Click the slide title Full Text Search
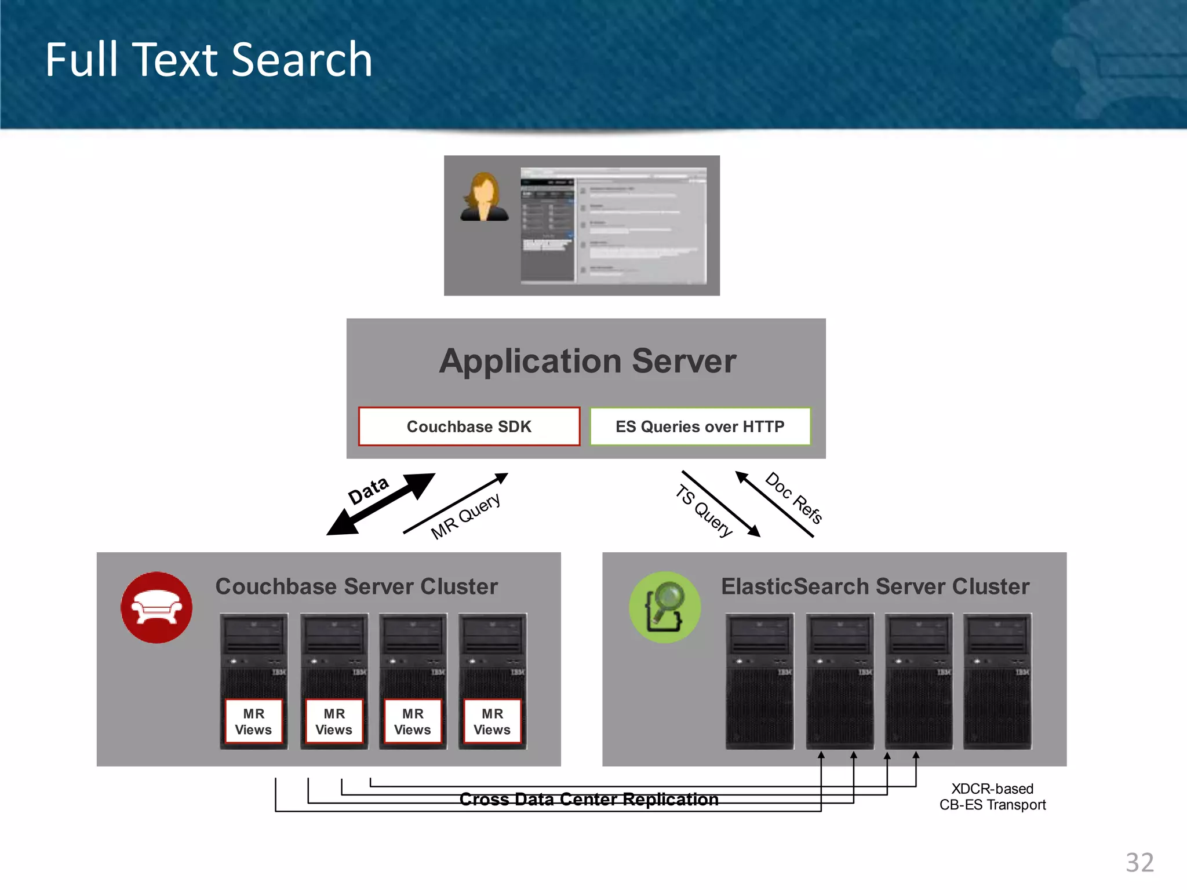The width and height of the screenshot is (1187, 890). (209, 60)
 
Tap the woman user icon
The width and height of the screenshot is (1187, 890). (484, 197)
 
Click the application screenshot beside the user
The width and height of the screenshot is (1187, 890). (613, 225)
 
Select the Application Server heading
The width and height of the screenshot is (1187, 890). (587, 361)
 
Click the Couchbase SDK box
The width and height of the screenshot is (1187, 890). (469, 426)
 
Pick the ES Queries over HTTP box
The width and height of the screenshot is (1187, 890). (700, 426)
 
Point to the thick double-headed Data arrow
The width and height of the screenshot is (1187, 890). (381, 504)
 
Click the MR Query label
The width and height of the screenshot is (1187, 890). (465, 516)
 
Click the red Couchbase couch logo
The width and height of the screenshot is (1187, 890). (156, 607)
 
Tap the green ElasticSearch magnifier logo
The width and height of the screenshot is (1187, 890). (665, 607)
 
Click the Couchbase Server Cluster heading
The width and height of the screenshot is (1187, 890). (356, 586)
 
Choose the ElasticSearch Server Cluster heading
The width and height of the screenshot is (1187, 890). (875, 586)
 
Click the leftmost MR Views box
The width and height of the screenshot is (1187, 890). (254, 721)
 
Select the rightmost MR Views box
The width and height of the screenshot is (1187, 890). (492, 721)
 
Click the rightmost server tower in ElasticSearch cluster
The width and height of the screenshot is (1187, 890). (997, 681)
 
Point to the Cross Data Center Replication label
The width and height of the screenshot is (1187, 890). (589, 800)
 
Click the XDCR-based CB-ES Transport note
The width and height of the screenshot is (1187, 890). (992, 797)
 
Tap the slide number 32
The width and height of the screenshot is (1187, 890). (1139, 863)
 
